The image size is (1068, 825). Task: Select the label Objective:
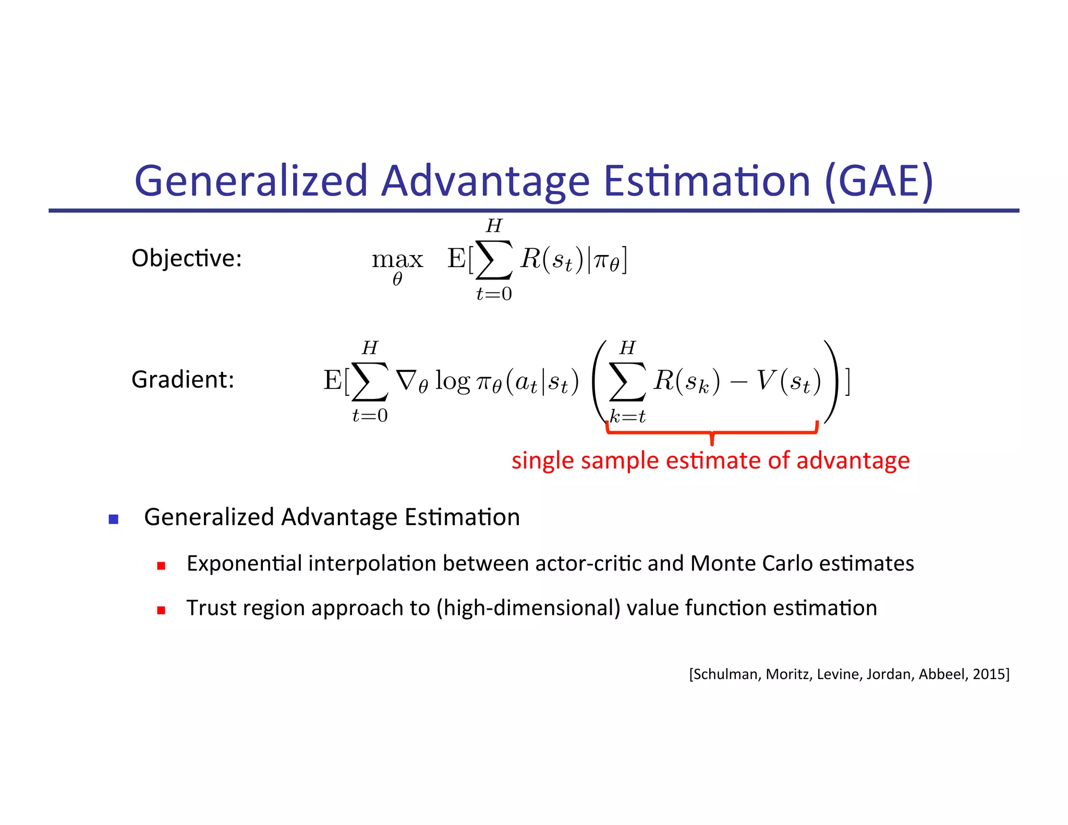click(187, 258)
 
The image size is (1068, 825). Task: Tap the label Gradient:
click(183, 380)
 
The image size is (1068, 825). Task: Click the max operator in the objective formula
click(397, 260)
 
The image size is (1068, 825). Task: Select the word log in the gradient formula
click(453, 381)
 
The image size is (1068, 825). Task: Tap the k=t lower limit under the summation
click(628, 416)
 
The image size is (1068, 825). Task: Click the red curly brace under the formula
click(712, 432)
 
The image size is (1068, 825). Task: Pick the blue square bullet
click(114, 519)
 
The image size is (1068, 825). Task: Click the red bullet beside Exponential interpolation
click(161, 566)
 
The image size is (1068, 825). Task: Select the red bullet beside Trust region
click(161, 610)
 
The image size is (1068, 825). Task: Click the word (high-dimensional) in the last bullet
click(528, 608)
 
